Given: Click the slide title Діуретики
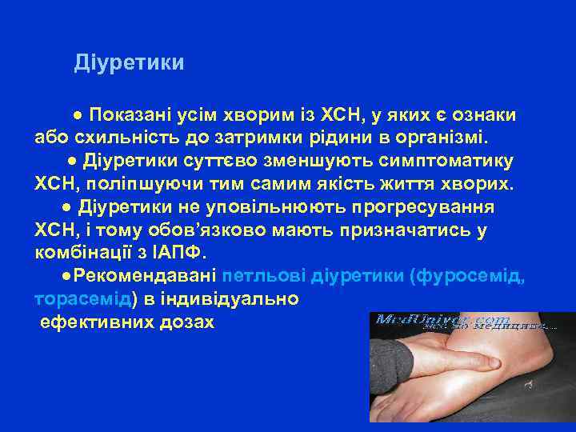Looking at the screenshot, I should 129,62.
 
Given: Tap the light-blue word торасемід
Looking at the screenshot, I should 83,300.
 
